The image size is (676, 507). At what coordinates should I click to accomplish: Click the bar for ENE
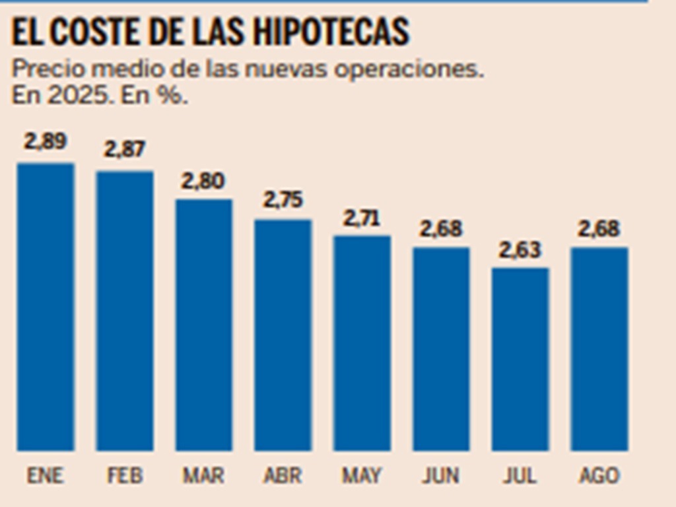point(46,307)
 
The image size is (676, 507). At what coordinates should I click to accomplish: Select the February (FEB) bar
point(125,311)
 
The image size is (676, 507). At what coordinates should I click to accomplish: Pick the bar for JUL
point(520,359)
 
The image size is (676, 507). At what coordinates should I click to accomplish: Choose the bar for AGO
point(599,349)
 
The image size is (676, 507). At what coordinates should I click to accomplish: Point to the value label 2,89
point(46,141)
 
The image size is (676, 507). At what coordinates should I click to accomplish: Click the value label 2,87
point(125,150)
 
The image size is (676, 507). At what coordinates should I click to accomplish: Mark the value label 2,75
point(283,199)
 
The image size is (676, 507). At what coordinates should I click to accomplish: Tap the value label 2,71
point(362,217)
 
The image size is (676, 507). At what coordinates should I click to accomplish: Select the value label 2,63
point(520,250)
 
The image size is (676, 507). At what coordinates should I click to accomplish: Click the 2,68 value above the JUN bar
point(441,228)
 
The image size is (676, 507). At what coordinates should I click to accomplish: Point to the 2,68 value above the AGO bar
point(599,228)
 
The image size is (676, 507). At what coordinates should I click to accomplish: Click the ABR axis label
point(283,475)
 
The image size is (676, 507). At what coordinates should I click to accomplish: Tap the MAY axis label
point(362,475)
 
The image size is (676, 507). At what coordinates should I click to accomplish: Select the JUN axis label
point(441,475)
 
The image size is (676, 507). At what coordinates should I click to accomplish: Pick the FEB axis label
point(125,475)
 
